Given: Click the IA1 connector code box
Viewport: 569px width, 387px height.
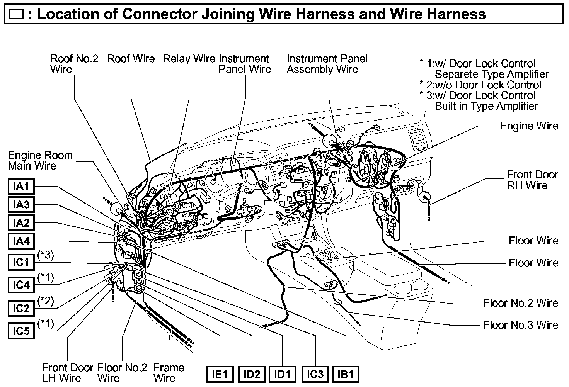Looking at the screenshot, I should coord(21,186).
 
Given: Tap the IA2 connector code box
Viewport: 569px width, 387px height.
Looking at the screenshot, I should coord(21,223).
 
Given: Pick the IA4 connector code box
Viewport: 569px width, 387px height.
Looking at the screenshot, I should coord(21,241).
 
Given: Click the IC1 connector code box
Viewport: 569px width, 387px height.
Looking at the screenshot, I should coord(21,263).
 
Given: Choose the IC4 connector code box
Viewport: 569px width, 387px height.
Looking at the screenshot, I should coord(21,285).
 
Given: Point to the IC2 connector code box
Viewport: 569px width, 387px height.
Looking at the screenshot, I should coord(21,308).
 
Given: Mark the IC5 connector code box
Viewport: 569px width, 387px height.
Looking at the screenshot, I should coord(21,331).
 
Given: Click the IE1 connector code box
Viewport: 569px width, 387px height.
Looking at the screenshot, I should coord(219,374).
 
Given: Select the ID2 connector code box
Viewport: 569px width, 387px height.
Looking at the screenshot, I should coord(252,374).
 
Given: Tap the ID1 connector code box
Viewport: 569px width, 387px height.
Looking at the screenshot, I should coord(282,374).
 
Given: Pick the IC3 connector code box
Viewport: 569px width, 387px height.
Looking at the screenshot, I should coord(315,374).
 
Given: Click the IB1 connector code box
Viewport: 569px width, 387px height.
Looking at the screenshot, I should coord(346,374).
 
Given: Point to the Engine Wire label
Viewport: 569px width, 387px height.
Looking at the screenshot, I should coord(529,126).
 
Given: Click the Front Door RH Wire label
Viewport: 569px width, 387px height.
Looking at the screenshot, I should coord(532,180).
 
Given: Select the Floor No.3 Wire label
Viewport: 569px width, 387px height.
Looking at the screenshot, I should coord(521,325).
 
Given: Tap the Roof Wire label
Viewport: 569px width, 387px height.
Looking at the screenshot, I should coord(131,59).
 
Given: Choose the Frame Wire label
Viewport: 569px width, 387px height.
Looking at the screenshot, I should coord(169,373).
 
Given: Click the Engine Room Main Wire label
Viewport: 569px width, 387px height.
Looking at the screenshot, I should coord(40,161).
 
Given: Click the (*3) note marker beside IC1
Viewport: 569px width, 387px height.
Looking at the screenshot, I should coord(46,255).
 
